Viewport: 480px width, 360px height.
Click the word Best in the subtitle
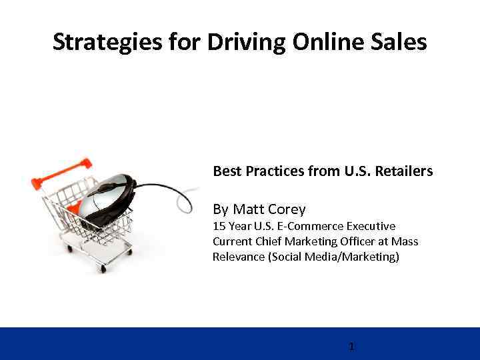click(x=226, y=171)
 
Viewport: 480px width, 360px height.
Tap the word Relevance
click(x=238, y=256)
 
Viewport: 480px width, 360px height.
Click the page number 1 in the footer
click(x=351, y=347)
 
